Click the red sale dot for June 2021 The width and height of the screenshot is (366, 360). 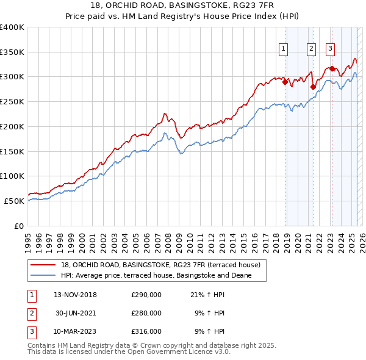click(313, 86)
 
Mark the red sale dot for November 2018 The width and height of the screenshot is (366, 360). click(285, 81)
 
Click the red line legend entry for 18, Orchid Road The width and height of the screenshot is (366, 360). click(160, 265)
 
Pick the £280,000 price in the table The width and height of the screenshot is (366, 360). click(146, 313)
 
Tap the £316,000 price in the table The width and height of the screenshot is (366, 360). click(146, 331)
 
